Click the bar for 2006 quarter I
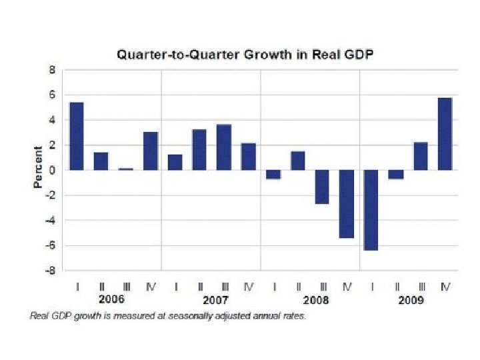point(76,136)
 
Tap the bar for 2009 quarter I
point(371,210)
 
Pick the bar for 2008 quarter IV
point(346,203)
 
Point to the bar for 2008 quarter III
point(322,187)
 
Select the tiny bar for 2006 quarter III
point(125,169)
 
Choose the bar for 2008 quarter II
point(297,161)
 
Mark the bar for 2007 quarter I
point(175,162)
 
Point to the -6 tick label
point(50,245)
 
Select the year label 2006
point(112,300)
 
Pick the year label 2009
point(411,300)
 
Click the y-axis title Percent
point(38,167)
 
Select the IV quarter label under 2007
point(249,287)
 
